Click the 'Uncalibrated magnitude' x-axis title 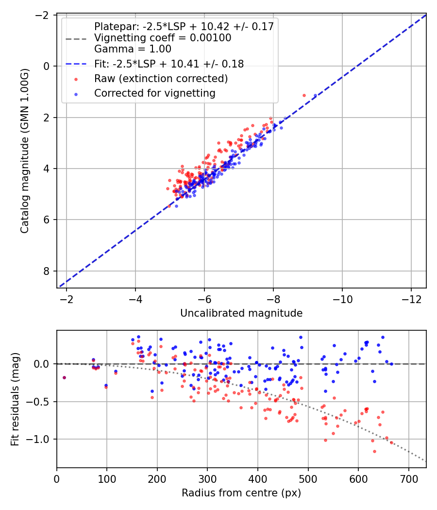tap(241, 313)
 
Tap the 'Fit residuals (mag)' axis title tap(15, 399)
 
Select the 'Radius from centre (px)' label tap(241, 493)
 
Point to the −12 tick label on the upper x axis tap(411, 299)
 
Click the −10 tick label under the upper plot tap(342, 299)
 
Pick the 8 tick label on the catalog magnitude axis tap(47, 271)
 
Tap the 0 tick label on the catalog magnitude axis tap(47, 66)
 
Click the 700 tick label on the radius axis tap(408, 479)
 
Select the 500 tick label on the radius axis tap(308, 479)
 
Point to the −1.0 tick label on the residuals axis tap(37, 439)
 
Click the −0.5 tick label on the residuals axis tap(37, 401)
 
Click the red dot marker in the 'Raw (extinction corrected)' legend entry tap(76, 79)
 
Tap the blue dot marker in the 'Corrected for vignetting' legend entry tap(76, 94)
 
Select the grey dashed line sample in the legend tap(76, 39)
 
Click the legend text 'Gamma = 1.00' tap(133, 49)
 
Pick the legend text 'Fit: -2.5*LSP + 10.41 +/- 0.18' tap(169, 64)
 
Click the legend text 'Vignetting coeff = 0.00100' tap(163, 38)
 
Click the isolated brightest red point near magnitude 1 tap(304, 96)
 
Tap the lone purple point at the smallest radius tap(65, 377)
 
